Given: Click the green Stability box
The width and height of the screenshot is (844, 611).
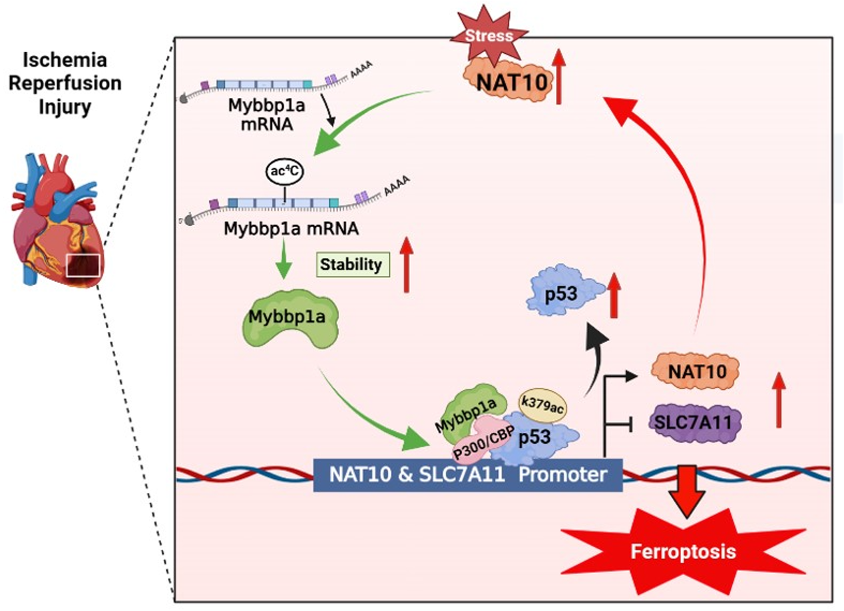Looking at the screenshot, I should click(352, 265).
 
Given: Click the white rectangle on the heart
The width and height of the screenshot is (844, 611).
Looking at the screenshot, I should click(83, 265).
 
